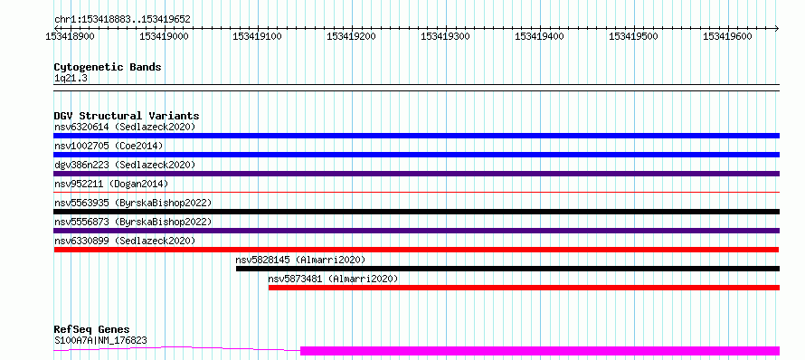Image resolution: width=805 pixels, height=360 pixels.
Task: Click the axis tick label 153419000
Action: coord(164,36)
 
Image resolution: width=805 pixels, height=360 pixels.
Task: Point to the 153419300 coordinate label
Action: coord(446,36)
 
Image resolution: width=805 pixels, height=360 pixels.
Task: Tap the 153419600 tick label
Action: coord(727,36)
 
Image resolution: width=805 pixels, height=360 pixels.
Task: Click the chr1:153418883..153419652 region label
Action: coord(122,20)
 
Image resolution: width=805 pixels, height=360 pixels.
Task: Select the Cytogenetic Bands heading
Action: coord(108,67)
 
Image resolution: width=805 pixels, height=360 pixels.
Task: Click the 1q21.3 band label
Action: coord(71,79)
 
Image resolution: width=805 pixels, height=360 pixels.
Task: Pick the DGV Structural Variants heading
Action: coord(127,116)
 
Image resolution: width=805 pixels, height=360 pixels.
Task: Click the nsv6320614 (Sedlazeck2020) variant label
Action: coord(125,127)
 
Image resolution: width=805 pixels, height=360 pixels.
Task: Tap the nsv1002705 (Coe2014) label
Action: coord(109,146)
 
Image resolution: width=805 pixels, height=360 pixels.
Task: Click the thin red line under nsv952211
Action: coord(417,192)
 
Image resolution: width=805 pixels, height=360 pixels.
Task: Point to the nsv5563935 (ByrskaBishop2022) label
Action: coord(133,203)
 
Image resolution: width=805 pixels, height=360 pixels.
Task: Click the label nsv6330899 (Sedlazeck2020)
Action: coord(125,241)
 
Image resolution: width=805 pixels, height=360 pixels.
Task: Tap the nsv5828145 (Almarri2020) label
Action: coord(300,260)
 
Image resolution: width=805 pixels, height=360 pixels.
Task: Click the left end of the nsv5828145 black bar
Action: coord(236,269)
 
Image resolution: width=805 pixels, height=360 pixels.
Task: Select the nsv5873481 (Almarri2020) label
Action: coord(333,279)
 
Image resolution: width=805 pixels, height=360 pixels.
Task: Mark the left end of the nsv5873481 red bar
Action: coord(269,288)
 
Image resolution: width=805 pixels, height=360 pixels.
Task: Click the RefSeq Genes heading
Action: coord(92,329)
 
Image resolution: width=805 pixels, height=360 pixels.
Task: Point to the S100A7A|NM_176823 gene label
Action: coord(100,340)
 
